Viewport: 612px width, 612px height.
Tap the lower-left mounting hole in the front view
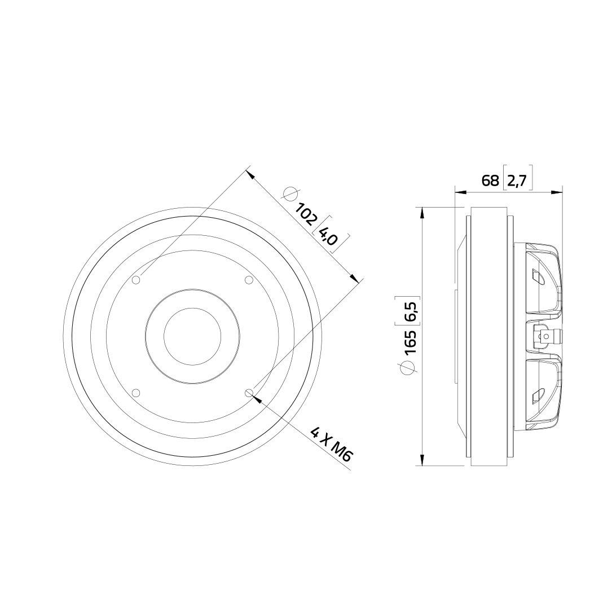coord(136,392)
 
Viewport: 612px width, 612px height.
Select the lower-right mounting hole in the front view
coord(249,392)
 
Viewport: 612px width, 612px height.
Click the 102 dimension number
coord(305,214)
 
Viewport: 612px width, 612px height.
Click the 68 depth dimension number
coord(490,180)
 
